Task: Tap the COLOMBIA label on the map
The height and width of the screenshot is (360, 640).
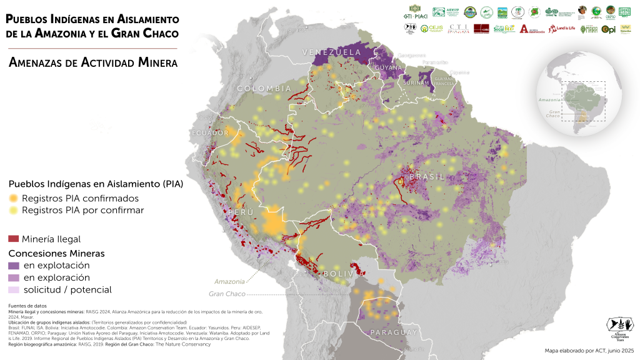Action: [264, 89]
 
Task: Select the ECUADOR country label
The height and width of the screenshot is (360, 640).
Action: [210, 133]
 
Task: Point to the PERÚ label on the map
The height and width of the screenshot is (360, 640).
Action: [241, 213]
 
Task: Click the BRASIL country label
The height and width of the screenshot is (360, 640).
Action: [427, 177]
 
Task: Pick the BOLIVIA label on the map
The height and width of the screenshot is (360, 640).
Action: [344, 274]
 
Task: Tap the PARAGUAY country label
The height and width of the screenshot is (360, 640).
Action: [393, 332]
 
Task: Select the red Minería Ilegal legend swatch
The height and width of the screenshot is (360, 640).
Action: [14, 239]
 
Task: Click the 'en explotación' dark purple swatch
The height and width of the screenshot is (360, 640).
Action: [14, 266]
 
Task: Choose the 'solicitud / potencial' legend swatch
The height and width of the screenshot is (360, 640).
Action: [14, 289]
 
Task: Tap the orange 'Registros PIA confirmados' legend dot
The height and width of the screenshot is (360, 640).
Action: [14, 198]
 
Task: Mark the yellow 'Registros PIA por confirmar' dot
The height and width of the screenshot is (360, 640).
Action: [14, 211]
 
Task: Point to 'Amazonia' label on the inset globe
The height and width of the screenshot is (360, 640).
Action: [549, 100]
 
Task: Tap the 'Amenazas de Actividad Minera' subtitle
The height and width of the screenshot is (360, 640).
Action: [93, 63]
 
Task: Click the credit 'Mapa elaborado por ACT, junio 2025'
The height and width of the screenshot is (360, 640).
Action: [589, 351]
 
